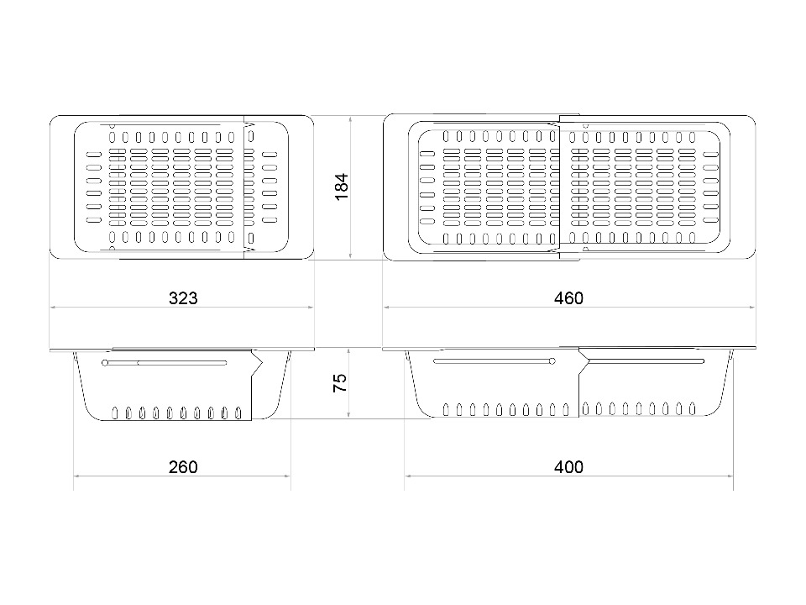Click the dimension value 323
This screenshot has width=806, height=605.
click(x=183, y=298)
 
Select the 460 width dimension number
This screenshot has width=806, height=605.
click(x=568, y=298)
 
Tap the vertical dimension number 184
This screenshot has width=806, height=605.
click(x=342, y=187)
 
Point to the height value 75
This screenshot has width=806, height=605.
click(x=340, y=383)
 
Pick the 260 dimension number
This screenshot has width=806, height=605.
click(x=183, y=467)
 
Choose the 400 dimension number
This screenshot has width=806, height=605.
click(x=568, y=467)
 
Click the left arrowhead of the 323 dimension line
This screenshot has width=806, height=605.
click(x=53, y=308)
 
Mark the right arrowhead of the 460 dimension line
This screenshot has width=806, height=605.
click(x=752, y=308)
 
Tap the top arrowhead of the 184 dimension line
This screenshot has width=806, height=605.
click(x=350, y=118)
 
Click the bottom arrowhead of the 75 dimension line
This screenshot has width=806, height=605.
click(x=349, y=415)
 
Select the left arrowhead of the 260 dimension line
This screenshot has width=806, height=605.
click(x=76, y=476)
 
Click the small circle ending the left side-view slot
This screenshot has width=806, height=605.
click(x=106, y=363)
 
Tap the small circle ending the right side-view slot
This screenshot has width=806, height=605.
click(x=552, y=361)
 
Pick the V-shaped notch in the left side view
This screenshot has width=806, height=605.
click(x=257, y=363)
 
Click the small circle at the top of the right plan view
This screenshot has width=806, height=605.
click(x=585, y=125)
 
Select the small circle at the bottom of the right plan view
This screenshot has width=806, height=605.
click(x=585, y=249)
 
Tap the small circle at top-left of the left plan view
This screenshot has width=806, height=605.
click(x=113, y=125)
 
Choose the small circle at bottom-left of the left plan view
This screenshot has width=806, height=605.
click(x=113, y=249)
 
